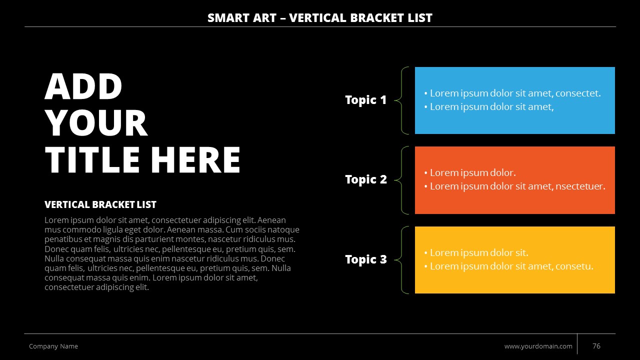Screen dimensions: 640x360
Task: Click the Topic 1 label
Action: coord(365,100)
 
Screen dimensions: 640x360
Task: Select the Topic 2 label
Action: coord(366,179)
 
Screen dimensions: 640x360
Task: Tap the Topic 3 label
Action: coord(366,259)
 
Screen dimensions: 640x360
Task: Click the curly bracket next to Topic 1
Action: coord(401,100)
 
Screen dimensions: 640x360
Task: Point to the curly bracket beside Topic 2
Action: coord(401,180)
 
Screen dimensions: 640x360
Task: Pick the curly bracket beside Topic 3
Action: coord(401,260)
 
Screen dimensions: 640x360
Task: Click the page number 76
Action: coord(596,346)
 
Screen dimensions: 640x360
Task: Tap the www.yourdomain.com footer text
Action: coord(538,346)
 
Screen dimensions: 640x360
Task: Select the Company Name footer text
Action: coord(53,346)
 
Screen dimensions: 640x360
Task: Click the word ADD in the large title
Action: coord(83,86)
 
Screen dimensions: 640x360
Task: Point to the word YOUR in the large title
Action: coord(96,123)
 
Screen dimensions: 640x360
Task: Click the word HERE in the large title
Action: coord(195,159)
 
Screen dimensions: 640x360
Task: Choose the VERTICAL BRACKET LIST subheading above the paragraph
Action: coord(100,204)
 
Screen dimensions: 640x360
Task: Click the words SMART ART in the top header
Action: coord(242,18)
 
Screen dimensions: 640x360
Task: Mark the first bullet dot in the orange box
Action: coord(425,173)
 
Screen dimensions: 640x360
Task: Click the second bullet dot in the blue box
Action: coord(425,107)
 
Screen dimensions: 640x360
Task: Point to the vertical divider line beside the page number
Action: coord(577,344)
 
